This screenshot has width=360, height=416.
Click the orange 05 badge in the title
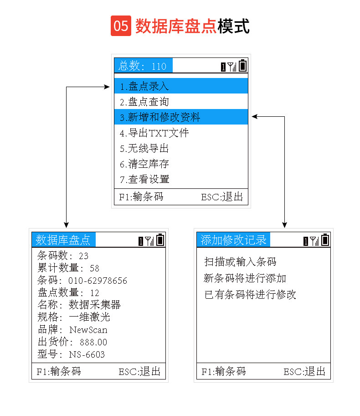click(x=121, y=26)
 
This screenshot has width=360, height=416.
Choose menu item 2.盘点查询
click(x=144, y=102)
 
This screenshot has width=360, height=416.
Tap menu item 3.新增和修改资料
click(x=160, y=117)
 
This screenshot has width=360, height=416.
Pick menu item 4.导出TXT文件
click(x=154, y=133)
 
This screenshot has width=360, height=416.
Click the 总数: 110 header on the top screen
click(x=143, y=66)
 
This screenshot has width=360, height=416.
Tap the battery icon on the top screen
click(x=242, y=66)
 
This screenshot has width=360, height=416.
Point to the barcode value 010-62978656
click(x=98, y=281)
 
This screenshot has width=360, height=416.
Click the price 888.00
click(x=93, y=342)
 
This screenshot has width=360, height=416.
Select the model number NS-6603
click(x=87, y=354)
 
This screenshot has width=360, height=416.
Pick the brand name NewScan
click(x=88, y=330)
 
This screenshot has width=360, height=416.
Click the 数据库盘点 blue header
click(x=63, y=240)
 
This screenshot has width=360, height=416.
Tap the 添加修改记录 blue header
click(x=233, y=240)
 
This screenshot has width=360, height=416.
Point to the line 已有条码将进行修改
click(x=250, y=295)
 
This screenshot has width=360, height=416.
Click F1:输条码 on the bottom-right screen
click(x=223, y=371)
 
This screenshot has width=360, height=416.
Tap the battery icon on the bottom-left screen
click(x=160, y=240)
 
